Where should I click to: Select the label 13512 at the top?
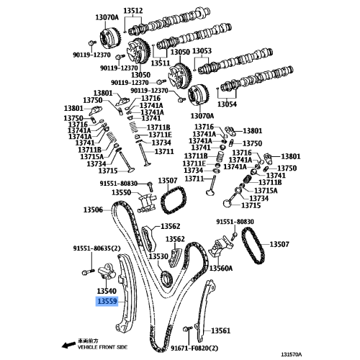point(133,11)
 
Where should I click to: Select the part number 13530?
point(158,256)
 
